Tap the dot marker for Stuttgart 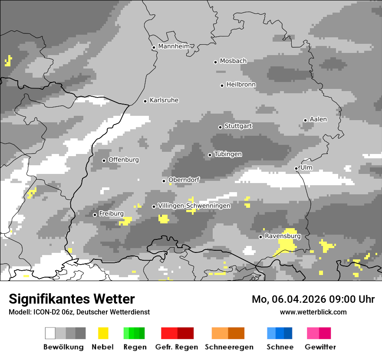tap(220, 127)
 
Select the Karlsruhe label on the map tap(164, 100)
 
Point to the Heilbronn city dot tap(222, 85)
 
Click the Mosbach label tap(233, 61)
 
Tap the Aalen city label tap(318, 119)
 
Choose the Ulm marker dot tap(296, 168)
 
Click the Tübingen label tap(228, 154)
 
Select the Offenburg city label tap(123, 160)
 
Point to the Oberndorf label tap(184, 180)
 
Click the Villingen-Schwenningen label tap(194, 206)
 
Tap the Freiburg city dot tap(95, 215)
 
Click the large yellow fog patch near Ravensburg tap(287, 243)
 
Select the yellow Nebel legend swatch tap(103, 333)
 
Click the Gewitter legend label tap(320, 347)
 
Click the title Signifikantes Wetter tap(72, 299)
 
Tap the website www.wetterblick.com tap(313, 312)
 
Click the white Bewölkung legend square tap(50, 333)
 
